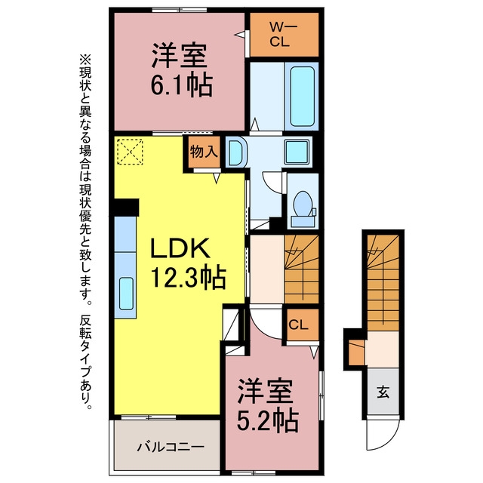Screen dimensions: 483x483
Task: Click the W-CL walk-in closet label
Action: tap(284, 34)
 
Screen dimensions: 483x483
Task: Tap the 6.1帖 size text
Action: tap(181, 85)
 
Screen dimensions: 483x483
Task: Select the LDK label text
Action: tap(180, 248)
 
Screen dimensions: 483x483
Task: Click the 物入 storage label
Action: tap(204, 151)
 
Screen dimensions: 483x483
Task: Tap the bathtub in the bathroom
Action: tap(302, 97)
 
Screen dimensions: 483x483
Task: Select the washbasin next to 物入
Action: tap(237, 153)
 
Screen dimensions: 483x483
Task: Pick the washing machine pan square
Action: tap(297, 152)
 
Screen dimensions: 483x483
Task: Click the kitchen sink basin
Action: tap(126, 294)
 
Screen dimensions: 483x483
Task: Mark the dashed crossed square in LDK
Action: tap(130, 152)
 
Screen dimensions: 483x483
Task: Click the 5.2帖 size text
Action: tap(267, 420)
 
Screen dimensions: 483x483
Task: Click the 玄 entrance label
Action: tap(383, 392)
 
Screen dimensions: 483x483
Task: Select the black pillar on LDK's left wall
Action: tap(126, 208)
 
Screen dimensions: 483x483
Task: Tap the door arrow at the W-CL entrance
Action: tap(241, 34)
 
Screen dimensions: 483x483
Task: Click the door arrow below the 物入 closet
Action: tap(217, 178)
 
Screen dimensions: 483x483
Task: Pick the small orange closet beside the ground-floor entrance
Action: tap(357, 352)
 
